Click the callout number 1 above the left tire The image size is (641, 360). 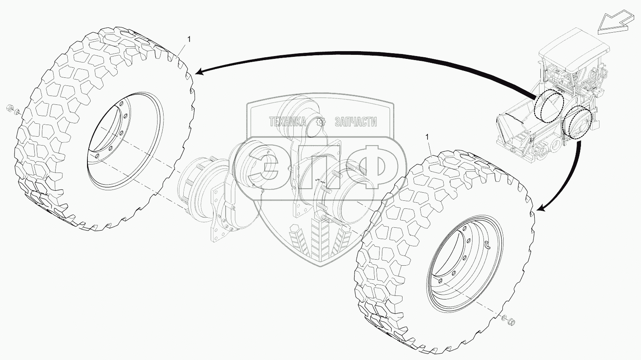[x=189, y=39]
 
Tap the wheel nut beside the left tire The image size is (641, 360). [x=10, y=109]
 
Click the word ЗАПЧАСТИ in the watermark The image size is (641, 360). [x=356, y=122]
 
